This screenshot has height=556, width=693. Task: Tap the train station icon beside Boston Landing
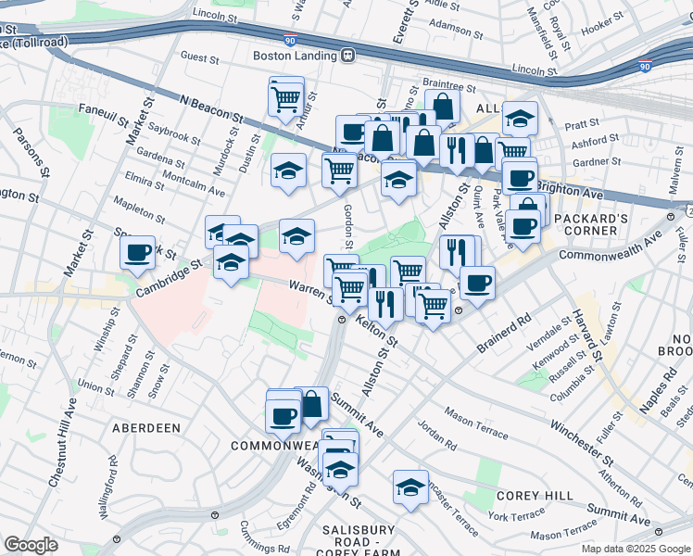[348, 56]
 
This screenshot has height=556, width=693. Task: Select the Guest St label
[199, 57]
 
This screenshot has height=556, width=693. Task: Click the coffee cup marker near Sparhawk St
[138, 253]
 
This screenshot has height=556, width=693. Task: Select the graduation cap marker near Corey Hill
[410, 486]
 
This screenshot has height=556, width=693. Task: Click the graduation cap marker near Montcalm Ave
[289, 171]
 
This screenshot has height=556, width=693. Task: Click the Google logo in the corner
[31, 545]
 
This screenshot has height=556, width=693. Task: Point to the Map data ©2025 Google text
[636, 549]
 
